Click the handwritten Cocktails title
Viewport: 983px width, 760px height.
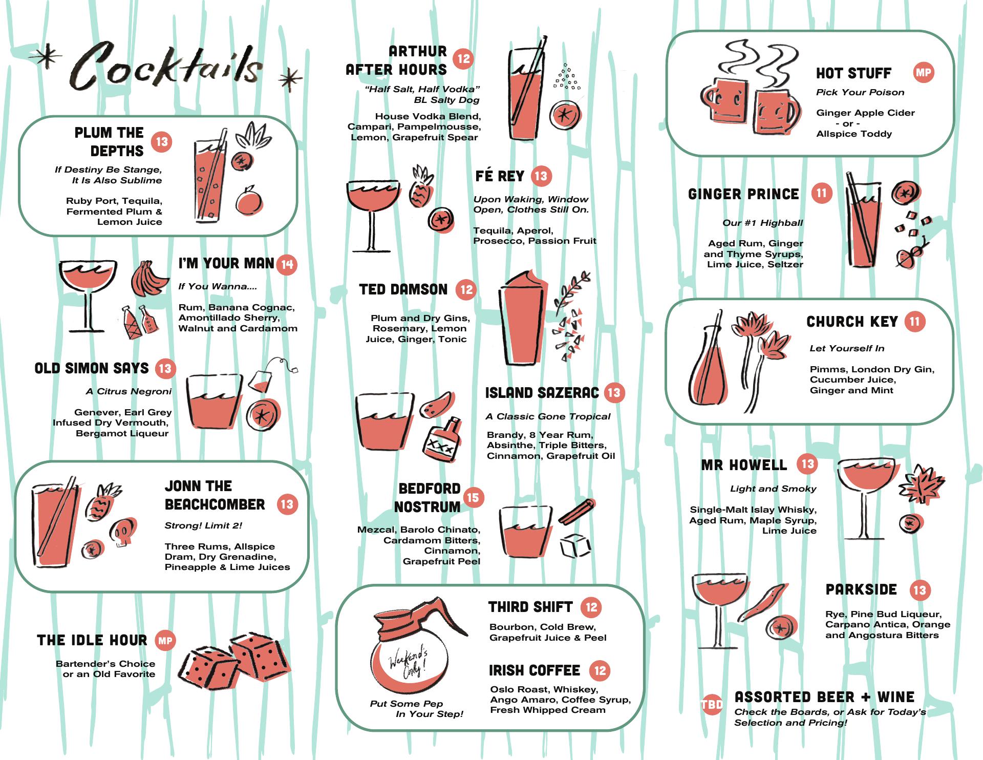coord(166,65)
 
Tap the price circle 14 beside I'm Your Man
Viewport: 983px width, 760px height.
coord(287,265)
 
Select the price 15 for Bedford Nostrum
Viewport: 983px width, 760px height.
coord(473,497)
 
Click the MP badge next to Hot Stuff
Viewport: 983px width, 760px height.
coord(923,72)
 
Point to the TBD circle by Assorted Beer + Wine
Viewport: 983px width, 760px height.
coord(712,705)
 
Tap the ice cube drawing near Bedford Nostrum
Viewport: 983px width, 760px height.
coord(575,545)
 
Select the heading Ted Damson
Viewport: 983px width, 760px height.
coord(403,289)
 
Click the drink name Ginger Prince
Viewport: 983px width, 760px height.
coord(743,194)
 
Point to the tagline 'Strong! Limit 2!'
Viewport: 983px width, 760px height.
coord(203,525)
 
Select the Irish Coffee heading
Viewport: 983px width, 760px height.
coord(534,670)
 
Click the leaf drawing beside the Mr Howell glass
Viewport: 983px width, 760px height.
coord(921,484)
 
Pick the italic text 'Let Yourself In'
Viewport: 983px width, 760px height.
coord(847,348)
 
